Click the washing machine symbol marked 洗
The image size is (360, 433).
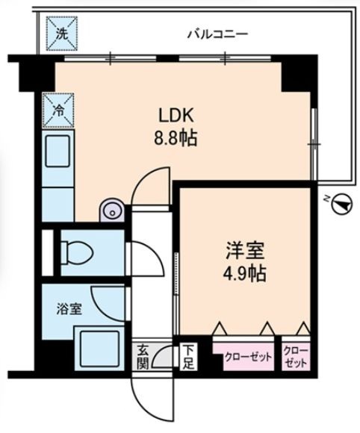pyautogui.click(x=62, y=34)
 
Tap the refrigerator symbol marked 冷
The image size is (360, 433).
pyautogui.click(x=58, y=110)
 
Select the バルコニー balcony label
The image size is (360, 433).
pyautogui.click(x=217, y=35)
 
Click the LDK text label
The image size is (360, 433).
pyautogui.click(x=176, y=115)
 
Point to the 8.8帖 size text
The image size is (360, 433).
pyautogui.click(x=176, y=138)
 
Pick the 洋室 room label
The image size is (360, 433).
pyautogui.click(x=245, y=251)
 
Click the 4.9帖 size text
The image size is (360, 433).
pyautogui.click(x=245, y=273)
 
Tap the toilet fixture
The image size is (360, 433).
pyautogui.click(x=77, y=252)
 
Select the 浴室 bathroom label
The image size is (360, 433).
pyautogui.click(x=69, y=309)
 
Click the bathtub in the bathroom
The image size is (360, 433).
pyautogui.click(x=99, y=348)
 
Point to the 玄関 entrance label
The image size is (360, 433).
pyautogui.click(x=143, y=358)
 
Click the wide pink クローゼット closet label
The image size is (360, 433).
pyautogui.click(x=249, y=358)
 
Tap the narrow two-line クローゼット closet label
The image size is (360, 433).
pyautogui.click(x=296, y=357)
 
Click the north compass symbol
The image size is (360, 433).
pyautogui.click(x=342, y=203)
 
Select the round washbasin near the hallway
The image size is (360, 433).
pyautogui.click(x=111, y=211)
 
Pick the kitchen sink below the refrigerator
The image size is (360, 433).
pyautogui.click(x=58, y=152)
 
